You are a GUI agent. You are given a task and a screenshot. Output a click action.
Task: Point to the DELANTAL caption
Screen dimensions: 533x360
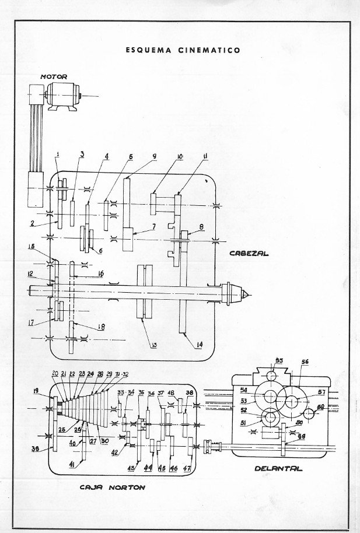click(x=278, y=468)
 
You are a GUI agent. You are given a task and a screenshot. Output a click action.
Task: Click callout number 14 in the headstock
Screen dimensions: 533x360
click(x=200, y=345)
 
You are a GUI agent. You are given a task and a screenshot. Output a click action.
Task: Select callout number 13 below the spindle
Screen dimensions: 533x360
click(x=154, y=345)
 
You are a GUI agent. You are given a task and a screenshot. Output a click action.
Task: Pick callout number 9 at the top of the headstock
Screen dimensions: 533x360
click(x=154, y=156)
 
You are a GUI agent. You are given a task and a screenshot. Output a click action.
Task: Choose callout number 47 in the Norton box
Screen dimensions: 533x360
click(x=187, y=468)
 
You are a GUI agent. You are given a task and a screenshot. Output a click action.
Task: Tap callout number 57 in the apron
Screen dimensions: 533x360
click(x=321, y=391)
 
